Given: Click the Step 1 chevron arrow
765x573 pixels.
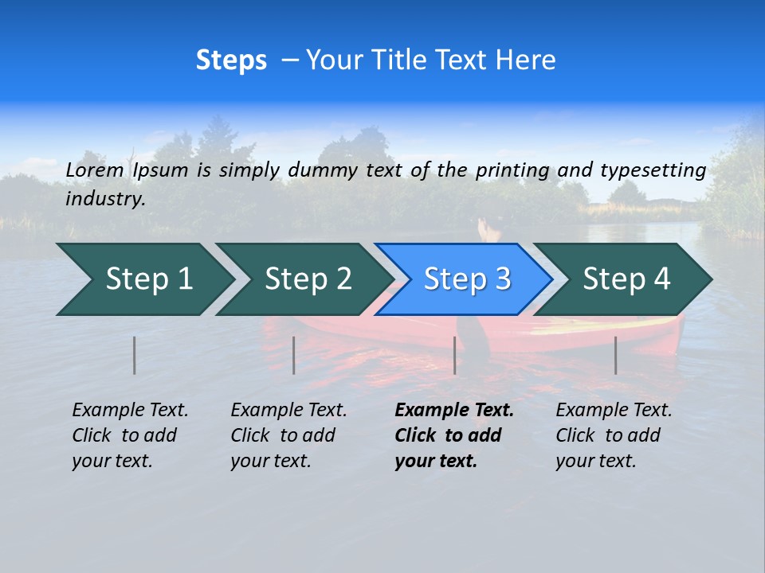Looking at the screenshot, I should coord(147,279).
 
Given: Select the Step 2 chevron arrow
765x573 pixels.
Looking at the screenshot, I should coord(307,279).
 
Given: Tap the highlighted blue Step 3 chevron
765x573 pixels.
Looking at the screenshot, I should coord(466,279).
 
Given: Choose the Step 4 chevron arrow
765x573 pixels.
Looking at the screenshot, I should coord(626,279).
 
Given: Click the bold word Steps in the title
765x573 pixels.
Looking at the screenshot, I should coord(231,60).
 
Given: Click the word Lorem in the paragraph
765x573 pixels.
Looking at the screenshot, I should coord(94,170).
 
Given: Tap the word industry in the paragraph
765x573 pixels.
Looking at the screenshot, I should coord(105,199).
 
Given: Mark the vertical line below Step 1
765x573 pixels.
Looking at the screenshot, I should coord(135,355).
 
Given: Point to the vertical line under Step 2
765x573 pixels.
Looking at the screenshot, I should coord(294,355).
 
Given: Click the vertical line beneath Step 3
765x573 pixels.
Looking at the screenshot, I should coord(455,355).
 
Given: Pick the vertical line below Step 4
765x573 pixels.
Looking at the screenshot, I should coord(616,355).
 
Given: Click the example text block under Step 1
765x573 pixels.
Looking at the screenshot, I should coord(130,435).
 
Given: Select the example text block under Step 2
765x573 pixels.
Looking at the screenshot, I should coord(288,435).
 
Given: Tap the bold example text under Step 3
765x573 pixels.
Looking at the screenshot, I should coord(453,435).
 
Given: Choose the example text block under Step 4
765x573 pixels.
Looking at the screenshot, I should coord(614,435).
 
